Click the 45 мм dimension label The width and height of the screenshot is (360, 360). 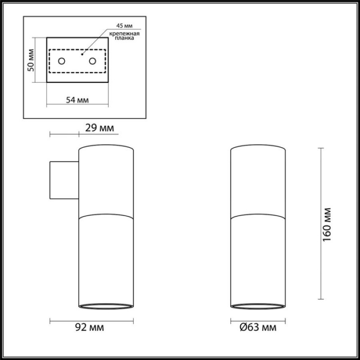point(124,26)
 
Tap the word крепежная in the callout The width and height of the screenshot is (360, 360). point(124,34)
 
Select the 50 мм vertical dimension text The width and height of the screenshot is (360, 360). point(31,60)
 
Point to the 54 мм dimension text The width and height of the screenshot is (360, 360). point(77,100)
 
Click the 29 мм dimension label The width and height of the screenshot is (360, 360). point(99,128)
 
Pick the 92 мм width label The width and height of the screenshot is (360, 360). point(90,327)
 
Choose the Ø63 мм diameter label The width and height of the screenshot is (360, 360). point(258,327)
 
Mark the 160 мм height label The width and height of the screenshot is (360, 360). point(327,225)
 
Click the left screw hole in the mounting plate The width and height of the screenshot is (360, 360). point(62,61)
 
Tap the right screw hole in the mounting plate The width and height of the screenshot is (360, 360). point(93,61)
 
